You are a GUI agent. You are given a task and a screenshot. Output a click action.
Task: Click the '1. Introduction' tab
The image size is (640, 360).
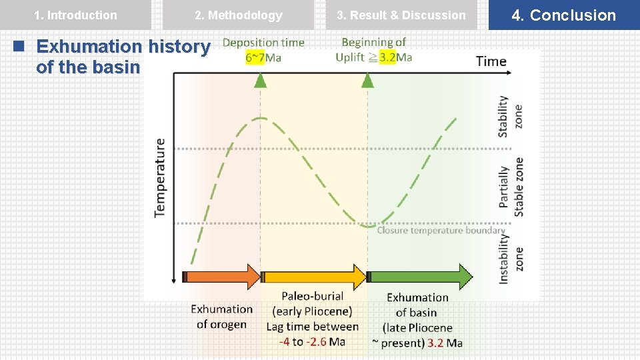75,15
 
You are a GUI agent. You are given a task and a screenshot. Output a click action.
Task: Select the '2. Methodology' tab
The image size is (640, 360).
238,15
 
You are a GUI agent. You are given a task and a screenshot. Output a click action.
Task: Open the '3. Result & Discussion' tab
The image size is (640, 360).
401,15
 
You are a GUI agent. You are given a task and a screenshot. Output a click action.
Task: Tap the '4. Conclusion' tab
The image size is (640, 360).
564,15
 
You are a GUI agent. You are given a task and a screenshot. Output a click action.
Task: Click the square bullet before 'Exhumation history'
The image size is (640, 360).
20,47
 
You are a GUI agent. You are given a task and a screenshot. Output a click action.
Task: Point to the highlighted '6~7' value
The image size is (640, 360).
255,57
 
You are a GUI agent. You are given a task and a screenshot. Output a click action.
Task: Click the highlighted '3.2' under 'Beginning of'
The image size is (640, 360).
387,57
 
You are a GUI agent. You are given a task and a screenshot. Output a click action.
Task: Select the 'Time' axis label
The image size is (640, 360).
491,61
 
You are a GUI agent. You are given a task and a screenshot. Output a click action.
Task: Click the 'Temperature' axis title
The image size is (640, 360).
160,177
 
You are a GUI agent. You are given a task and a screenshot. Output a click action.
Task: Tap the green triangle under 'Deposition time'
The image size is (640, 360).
260,81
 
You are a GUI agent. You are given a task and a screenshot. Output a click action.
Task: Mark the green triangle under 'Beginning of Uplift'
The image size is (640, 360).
367,81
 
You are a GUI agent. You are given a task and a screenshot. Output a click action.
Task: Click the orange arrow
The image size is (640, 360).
222,276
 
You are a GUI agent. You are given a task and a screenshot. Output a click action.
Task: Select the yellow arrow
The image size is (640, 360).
313,276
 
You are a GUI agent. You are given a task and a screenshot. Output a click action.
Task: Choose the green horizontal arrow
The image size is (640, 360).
420,276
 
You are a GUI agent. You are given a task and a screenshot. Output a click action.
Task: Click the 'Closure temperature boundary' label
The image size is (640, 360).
441,231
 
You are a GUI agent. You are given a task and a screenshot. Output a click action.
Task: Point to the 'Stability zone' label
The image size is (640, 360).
511,117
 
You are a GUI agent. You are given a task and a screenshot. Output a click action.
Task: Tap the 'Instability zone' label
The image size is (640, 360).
511,257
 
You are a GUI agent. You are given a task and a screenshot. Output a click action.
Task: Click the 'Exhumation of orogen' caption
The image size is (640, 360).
221,317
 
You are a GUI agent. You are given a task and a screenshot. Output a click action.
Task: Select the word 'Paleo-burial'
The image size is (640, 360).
312,296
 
